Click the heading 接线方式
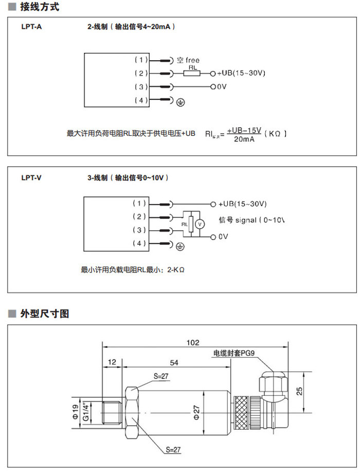(x=39, y=7)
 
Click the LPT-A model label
(x=31, y=26)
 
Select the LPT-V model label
(x=31, y=178)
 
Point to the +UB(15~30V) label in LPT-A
(x=241, y=74)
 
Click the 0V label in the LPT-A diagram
(x=221, y=87)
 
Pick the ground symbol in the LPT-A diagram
(x=180, y=102)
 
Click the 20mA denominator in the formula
(x=244, y=139)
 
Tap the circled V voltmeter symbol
(x=202, y=224)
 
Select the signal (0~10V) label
(x=251, y=220)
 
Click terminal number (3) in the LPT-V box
(x=140, y=230)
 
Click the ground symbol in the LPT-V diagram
(x=180, y=246)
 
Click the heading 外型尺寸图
(x=44, y=314)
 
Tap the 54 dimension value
(x=174, y=363)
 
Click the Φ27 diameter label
(x=196, y=411)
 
